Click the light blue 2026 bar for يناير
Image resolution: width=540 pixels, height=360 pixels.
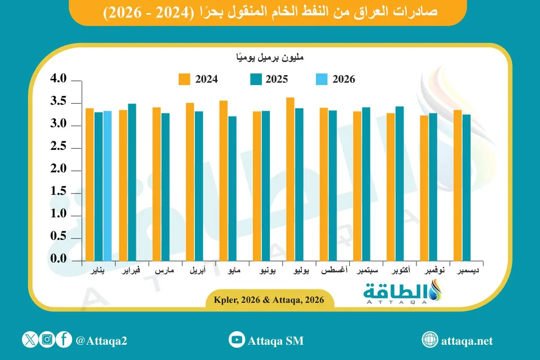(107, 186)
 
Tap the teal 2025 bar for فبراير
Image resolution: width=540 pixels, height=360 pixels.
(132, 182)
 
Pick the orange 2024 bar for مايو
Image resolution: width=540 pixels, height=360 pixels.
(224, 181)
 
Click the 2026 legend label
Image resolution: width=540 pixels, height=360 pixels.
(344, 79)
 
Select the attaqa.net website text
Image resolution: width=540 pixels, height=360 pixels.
(467, 341)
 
